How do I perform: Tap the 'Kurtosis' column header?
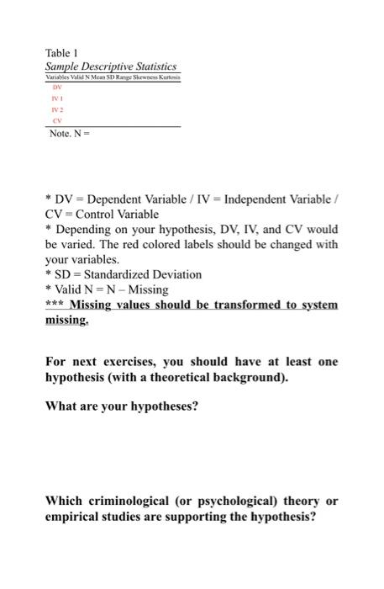click(x=169, y=77)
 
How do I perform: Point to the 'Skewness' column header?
click(x=144, y=77)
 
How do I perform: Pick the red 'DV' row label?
click(x=57, y=87)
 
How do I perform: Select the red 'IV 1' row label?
click(x=57, y=98)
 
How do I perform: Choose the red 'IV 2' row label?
click(x=57, y=109)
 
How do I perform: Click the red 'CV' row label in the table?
click(x=57, y=119)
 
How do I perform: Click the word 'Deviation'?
click(x=181, y=274)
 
